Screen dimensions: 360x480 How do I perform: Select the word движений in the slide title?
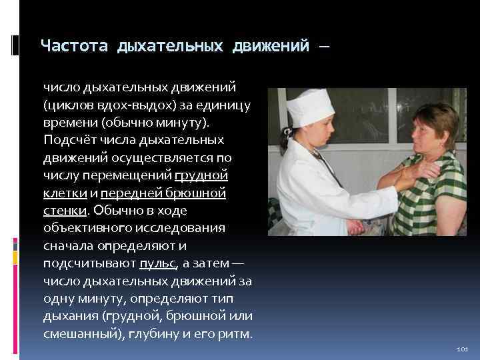(271, 46)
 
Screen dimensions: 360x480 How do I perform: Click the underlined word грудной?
(201, 175)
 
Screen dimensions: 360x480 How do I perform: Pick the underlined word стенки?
(65, 211)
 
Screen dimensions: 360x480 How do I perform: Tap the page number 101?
(463, 349)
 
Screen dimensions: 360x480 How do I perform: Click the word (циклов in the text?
(67, 105)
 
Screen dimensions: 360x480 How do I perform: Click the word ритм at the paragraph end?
(235, 333)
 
